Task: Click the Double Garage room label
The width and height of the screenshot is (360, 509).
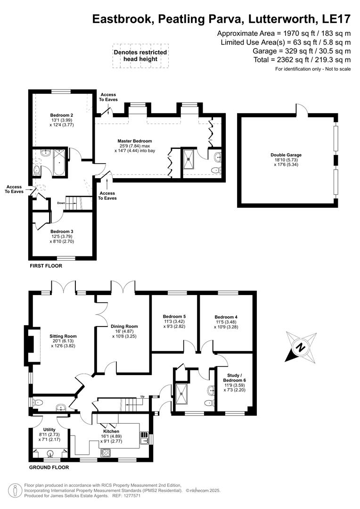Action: coord(286,155)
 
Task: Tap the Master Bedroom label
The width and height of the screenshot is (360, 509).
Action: coord(135,141)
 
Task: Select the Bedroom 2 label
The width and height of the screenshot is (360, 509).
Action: coord(61,115)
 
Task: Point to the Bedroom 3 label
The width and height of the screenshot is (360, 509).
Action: coord(62,231)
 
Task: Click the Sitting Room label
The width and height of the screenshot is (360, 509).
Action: coord(63,336)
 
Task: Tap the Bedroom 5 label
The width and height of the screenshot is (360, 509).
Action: coord(174,316)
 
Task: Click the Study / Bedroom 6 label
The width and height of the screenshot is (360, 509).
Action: coord(235,377)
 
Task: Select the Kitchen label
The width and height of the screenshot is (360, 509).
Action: coord(111,431)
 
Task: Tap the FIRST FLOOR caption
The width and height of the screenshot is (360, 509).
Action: coord(46,266)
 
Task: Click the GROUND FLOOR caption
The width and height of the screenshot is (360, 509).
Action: coord(49,468)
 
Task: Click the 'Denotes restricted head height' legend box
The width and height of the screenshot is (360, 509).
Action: coord(140,56)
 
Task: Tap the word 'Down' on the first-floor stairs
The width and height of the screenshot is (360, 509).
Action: coord(60,203)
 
